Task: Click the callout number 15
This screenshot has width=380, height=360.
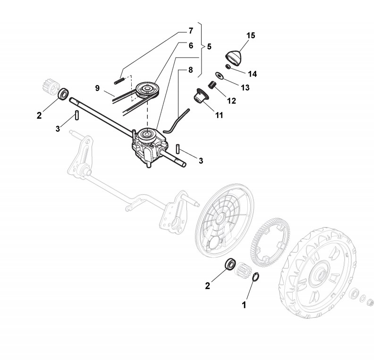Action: point(250,36)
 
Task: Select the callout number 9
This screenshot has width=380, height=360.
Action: point(97,87)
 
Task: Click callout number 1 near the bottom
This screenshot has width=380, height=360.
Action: point(244,305)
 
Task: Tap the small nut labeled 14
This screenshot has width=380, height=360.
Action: point(228,68)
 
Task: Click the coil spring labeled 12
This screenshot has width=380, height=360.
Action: point(212,86)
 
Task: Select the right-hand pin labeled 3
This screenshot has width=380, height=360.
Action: point(178,148)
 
